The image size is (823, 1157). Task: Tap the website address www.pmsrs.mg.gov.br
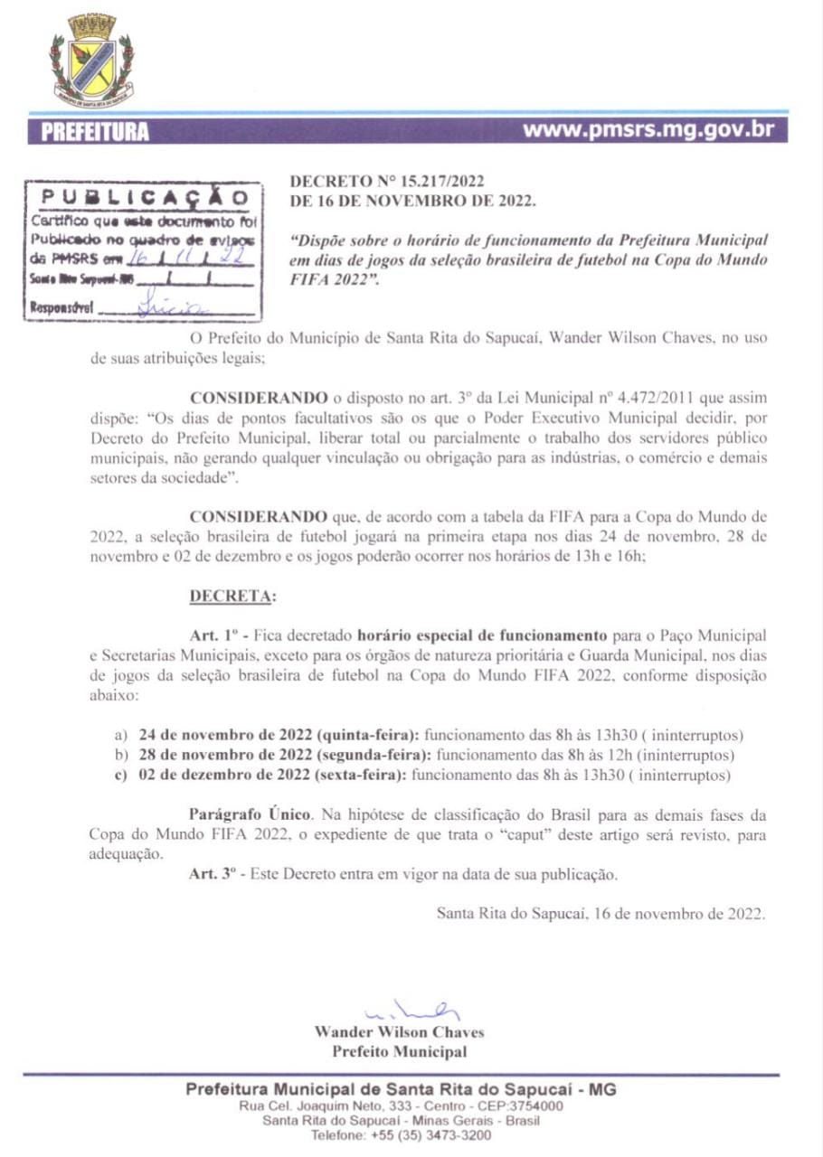[649, 129]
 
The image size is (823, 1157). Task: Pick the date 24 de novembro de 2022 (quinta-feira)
[279, 736]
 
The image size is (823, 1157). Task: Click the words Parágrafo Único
[249, 815]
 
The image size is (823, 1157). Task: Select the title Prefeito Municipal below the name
[399, 1051]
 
